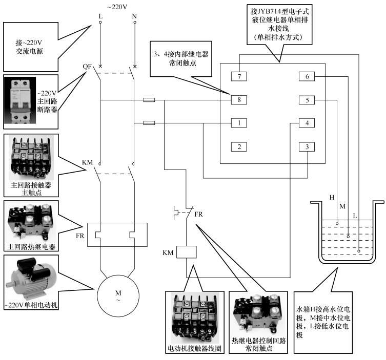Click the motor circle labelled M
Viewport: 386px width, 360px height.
coord(118,295)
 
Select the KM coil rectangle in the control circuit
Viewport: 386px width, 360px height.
coord(185,252)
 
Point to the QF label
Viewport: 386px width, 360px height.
coord(87,67)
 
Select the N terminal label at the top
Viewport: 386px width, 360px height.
coord(135,17)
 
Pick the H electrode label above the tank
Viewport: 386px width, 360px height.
coord(332,197)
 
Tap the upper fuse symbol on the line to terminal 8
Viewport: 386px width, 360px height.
coord(150,101)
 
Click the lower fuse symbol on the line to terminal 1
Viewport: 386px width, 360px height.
coord(150,123)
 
